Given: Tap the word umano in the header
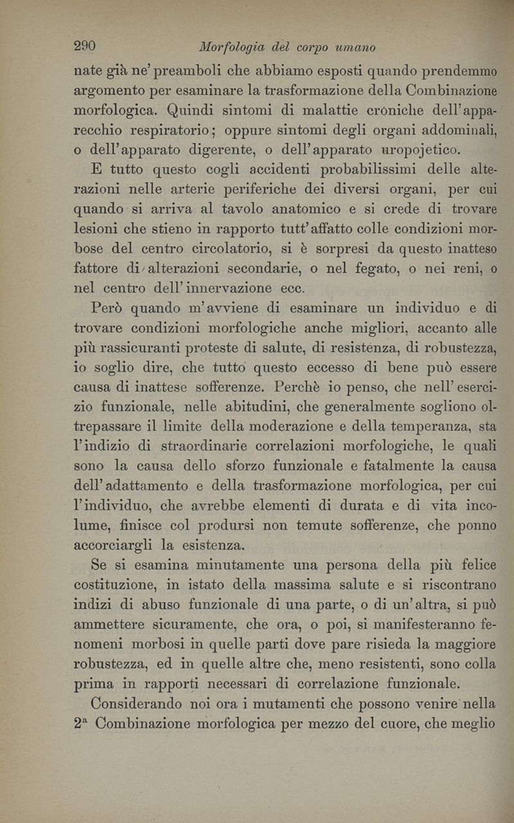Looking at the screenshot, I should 353,48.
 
